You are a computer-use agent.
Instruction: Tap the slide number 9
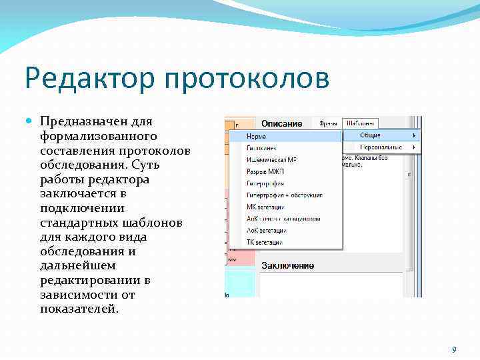click(454, 350)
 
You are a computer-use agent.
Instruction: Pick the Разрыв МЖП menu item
click(265, 171)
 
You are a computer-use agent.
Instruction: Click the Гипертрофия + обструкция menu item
click(284, 195)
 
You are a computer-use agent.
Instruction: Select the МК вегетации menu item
click(265, 207)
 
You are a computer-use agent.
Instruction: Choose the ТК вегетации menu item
click(264, 242)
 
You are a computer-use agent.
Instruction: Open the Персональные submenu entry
click(381, 147)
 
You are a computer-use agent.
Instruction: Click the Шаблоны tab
click(360, 123)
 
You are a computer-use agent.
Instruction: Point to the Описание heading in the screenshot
click(281, 123)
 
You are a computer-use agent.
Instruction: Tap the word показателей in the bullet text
click(79, 309)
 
